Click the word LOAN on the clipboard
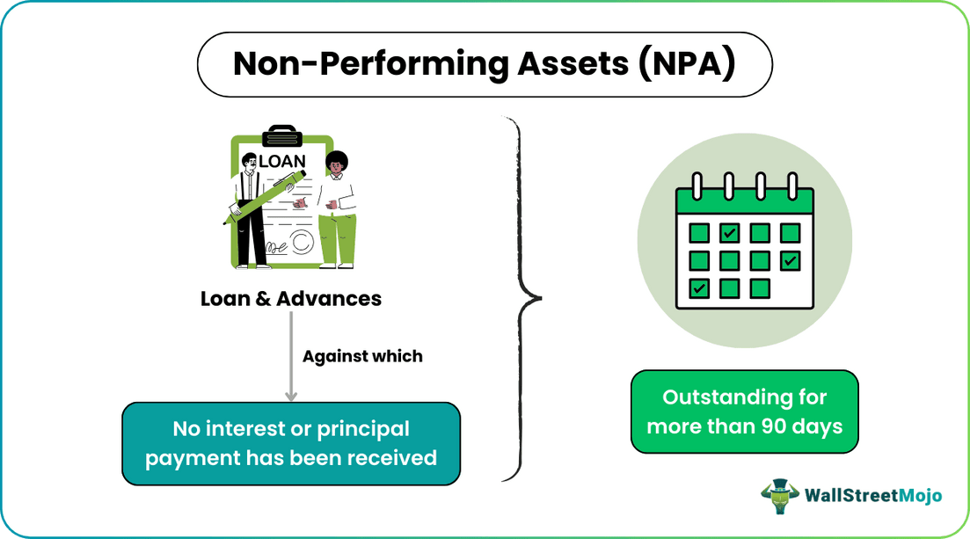click(281, 161)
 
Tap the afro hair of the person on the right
click(336, 160)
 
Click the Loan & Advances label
click(291, 298)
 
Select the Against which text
click(362, 356)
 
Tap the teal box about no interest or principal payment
click(291, 443)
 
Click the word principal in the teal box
click(363, 429)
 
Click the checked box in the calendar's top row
click(730, 233)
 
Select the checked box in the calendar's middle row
click(790, 260)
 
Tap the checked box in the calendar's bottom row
click(699, 288)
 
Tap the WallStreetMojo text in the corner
click(872, 496)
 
